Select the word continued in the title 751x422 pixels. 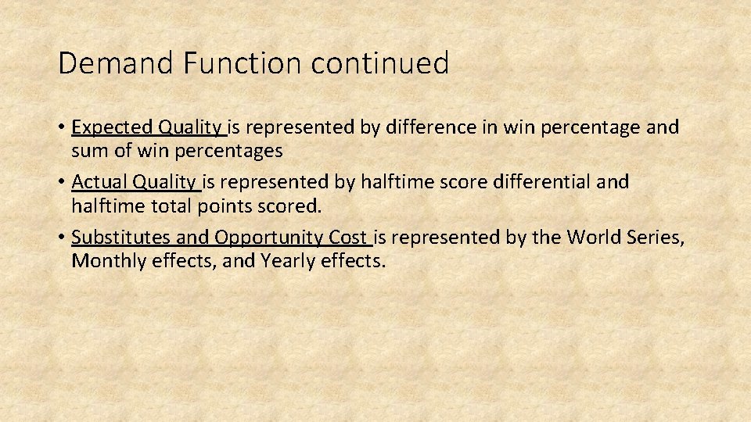(380, 63)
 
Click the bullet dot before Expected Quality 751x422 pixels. (61, 127)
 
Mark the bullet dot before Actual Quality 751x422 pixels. (61, 183)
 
